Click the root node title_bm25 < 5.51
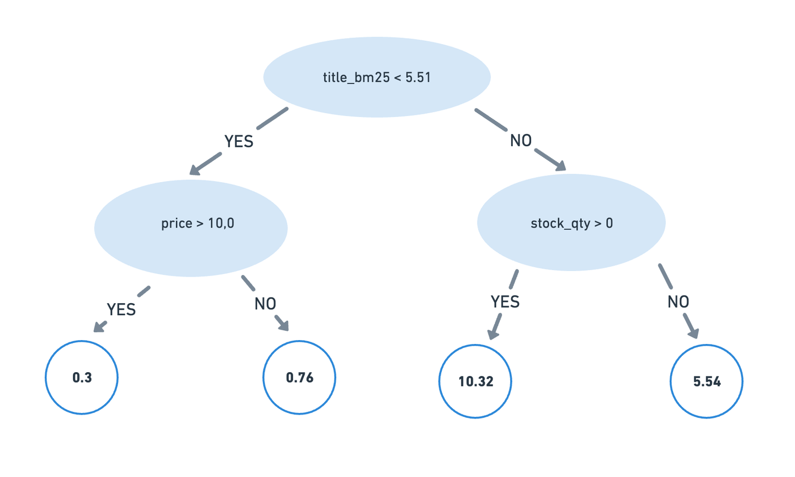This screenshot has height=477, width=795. (377, 77)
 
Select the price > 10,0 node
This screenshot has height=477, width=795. (191, 227)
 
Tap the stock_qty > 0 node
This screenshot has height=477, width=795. (571, 222)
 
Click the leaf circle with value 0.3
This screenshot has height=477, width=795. (82, 378)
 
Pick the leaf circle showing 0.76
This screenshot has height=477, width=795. (299, 378)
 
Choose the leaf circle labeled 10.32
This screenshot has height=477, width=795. (475, 381)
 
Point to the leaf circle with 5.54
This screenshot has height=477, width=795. (706, 381)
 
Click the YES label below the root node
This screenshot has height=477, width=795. (239, 142)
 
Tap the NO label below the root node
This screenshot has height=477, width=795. (521, 141)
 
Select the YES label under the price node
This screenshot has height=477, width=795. (121, 310)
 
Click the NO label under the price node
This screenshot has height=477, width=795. (265, 304)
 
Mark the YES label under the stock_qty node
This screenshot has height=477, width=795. (505, 302)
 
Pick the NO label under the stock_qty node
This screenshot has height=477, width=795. (678, 302)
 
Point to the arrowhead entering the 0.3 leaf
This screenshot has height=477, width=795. (99, 327)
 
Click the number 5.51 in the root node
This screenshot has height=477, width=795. (418, 77)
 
